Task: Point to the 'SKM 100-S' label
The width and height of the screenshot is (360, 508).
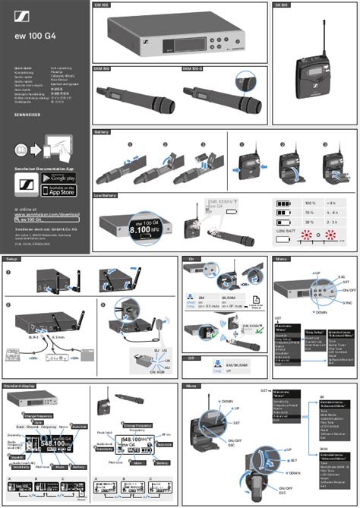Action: [192, 68]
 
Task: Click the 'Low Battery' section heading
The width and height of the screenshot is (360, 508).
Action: [106, 195]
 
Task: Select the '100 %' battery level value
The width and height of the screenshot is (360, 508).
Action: [309, 204]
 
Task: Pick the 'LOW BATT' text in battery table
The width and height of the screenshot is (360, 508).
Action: [286, 229]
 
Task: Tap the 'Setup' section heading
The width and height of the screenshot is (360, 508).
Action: [11, 259]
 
